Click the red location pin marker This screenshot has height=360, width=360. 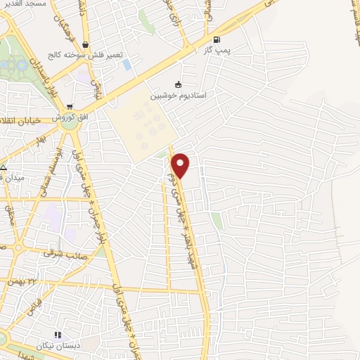(181, 165)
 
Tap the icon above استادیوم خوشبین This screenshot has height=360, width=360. (178, 84)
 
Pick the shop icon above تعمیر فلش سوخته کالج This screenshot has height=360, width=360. (85, 45)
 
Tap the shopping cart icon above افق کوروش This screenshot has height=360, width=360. (70, 105)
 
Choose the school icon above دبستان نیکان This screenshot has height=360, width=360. (58, 335)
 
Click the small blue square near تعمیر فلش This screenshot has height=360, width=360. (127, 64)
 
